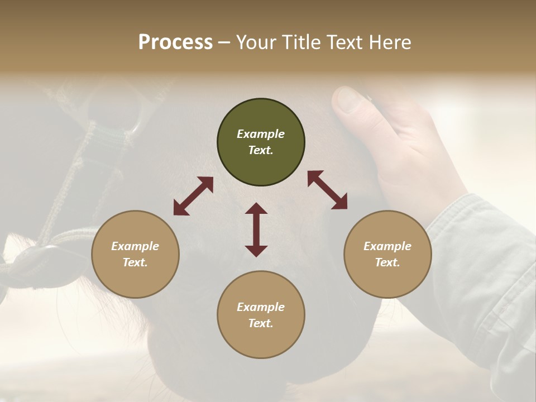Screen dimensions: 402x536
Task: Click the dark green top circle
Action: click(261, 142)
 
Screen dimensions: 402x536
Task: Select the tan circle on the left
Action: click(135, 255)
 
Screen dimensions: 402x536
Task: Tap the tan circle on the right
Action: click(387, 255)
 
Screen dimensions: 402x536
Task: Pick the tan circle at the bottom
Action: click(261, 315)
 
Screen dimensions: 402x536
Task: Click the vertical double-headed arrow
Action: click(256, 229)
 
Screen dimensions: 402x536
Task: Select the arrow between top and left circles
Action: click(193, 196)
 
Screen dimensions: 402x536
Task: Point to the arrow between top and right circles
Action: click(328, 190)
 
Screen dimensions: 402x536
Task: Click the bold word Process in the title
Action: click(175, 42)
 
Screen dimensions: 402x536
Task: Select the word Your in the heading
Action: click(255, 42)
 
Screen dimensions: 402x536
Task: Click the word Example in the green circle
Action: click(261, 134)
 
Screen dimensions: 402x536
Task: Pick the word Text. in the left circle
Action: click(135, 262)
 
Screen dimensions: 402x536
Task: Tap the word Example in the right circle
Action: click(387, 246)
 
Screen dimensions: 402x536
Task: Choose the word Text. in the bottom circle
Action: click(261, 323)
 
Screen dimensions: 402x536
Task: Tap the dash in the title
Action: click(224, 42)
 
